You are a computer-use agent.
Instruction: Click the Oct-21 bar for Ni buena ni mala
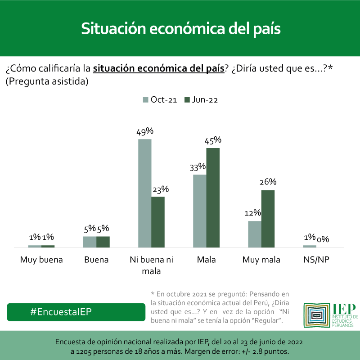144,193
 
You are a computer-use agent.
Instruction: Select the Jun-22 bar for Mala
213,198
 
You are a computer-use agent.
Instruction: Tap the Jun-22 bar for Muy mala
268,219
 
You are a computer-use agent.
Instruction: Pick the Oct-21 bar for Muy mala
255,234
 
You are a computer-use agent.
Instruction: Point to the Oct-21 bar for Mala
200,211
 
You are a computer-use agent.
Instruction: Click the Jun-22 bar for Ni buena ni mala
158,222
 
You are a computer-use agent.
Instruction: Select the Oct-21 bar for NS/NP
310,246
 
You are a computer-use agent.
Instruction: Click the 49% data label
145,131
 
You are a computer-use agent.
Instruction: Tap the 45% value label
213,140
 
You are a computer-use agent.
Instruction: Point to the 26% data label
268,182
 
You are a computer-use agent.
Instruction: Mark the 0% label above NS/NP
323,239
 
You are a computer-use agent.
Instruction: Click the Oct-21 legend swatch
145,100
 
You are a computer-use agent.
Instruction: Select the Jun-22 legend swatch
187,100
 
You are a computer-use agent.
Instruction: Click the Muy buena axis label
41,260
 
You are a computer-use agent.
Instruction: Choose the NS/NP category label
316,260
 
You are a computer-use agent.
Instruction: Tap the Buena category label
96,260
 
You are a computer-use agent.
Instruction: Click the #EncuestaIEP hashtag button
76,312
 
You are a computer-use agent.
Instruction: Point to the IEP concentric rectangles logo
316,315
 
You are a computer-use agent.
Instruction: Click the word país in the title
267,29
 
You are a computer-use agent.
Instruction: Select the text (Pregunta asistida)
47,81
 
